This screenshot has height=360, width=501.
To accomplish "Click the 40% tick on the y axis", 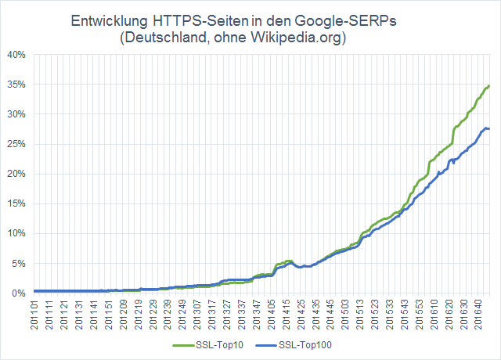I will (x=16, y=55).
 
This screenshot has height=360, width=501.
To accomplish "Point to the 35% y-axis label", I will (x=16, y=85).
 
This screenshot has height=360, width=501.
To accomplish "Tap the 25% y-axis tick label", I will (x=16, y=144).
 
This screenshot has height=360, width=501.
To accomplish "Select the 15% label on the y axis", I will (x=16, y=203).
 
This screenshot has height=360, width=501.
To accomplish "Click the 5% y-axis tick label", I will (x=19, y=263).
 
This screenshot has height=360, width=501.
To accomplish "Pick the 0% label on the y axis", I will (x=19, y=293).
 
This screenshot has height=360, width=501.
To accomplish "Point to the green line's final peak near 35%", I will (x=488, y=85).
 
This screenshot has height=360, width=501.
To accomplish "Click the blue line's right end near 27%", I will (x=489, y=128).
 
